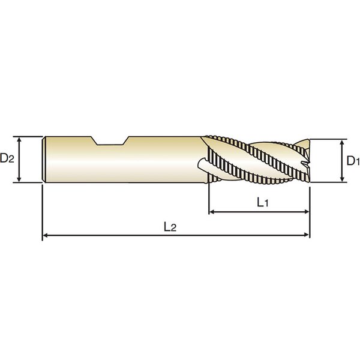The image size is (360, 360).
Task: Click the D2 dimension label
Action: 7,158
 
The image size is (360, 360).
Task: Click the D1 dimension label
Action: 353,161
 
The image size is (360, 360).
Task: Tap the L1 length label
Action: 262,203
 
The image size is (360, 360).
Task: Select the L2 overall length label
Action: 170,227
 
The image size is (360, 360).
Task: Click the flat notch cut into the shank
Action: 110,142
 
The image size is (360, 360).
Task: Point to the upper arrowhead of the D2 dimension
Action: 19,140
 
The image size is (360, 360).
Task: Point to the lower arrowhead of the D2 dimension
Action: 19,179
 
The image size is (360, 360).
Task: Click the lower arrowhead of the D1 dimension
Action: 343,179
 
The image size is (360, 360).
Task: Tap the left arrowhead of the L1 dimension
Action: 212,212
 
